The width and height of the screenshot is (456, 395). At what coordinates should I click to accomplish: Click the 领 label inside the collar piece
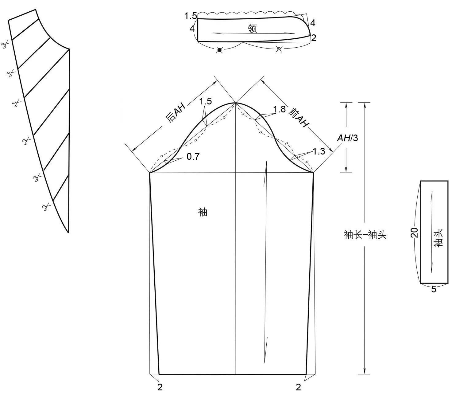pos(252,29)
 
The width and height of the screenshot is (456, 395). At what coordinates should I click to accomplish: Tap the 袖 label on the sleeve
pos(203,212)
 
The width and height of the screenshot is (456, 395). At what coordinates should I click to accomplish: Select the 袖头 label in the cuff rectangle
pos(438,238)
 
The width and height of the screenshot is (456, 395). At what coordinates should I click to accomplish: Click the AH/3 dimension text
pos(347,138)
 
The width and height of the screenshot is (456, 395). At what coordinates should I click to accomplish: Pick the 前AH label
pos(299,117)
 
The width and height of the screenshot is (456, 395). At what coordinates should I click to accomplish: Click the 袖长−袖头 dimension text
pos(365,234)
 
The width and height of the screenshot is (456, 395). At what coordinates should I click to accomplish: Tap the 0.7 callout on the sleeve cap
pos(193,157)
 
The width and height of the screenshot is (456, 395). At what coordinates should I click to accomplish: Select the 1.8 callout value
pos(279,109)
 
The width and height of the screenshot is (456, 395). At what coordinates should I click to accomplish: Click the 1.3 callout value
pos(319,151)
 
